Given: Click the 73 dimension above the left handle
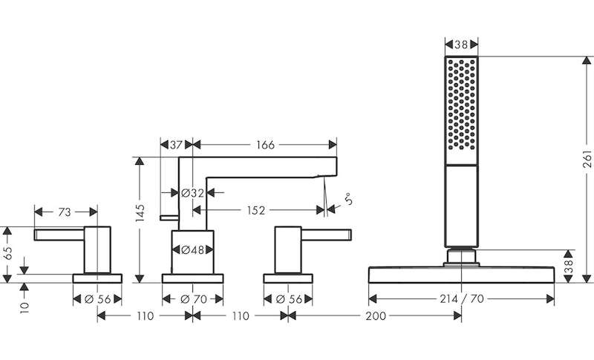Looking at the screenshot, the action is point(65,212).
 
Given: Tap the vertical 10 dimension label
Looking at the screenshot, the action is point(25,307).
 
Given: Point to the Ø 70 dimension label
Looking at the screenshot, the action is point(194,299).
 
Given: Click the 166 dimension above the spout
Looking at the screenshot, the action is point(265,145).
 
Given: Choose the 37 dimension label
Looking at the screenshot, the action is point(176,145).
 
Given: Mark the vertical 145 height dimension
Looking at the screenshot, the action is point(140,213).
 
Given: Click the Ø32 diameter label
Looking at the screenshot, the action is point(193,193).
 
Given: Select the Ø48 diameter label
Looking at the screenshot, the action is point(193,250).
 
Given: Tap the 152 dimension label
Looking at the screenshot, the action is point(256,210).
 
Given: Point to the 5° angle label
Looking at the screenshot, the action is point(349,199).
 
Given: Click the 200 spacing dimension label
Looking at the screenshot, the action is point(376,315).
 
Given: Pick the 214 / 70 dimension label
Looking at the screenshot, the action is point(462,299).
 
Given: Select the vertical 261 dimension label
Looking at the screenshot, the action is point(587,159).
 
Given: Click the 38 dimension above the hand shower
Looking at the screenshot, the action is point(461,45).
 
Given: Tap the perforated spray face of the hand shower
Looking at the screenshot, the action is point(461,105).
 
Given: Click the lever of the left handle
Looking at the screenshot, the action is point(59,235).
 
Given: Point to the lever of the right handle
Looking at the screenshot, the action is point(326,235).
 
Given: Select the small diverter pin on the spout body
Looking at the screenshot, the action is point(169,217).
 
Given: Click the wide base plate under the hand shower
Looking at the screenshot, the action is point(461,275).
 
